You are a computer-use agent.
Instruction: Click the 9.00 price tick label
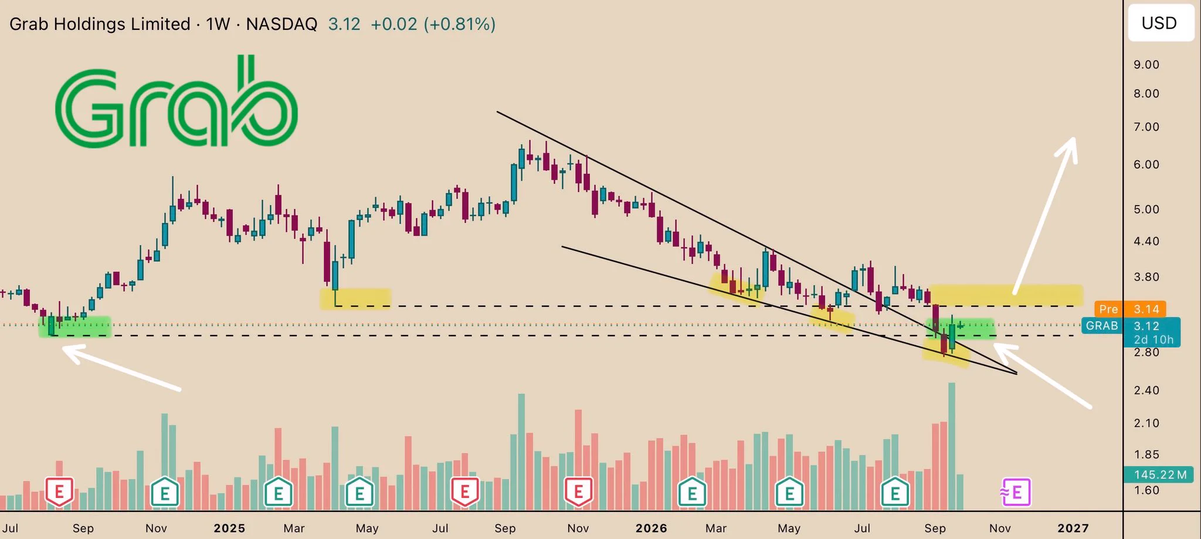point(1146,65)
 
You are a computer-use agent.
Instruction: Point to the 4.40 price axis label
point(1146,241)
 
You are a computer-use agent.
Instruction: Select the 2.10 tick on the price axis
point(1146,423)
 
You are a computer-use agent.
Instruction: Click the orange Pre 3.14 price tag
point(1130,309)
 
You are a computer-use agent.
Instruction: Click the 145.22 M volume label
point(1160,474)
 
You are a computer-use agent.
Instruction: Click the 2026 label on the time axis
point(651,528)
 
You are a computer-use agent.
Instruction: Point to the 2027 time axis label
point(1073,528)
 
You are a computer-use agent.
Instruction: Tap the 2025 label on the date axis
point(229,528)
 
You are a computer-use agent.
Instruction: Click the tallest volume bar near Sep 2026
point(952,446)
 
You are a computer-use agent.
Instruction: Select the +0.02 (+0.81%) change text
point(433,24)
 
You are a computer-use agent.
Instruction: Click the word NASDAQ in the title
point(281,24)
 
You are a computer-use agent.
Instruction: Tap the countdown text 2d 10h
point(1153,340)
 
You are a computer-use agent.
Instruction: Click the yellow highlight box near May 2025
point(355,298)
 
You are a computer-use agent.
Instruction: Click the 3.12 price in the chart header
point(344,24)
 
